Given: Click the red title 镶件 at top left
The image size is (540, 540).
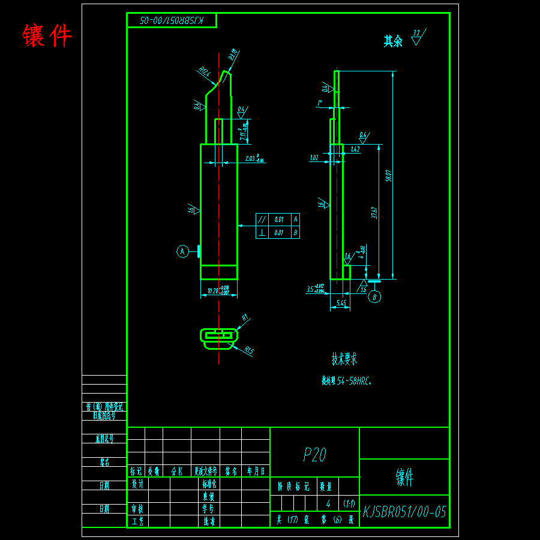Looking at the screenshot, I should pyautogui.click(x=47, y=35).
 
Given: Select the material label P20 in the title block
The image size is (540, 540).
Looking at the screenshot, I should pyautogui.click(x=314, y=455).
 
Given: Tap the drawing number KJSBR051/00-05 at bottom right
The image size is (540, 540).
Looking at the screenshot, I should pyautogui.click(x=404, y=512).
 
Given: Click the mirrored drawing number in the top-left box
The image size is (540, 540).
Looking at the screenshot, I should pyautogui.click(x=172, y=20).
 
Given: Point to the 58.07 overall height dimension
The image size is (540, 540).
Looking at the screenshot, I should pyautogui.click(x=389, y=175).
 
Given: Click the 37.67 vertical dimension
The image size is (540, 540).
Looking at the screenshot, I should pyautogui.click(x=374, y=213).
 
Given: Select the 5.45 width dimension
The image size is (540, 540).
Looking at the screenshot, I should pyautogui.click(x=340, y=304).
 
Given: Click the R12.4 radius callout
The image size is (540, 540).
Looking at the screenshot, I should pyautogui.click(x=203, y=73).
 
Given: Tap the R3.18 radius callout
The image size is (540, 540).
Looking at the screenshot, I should pyautogui.click(x=234, y=55).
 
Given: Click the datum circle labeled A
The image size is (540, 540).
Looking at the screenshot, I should pyautogui.click(x=183, y=251).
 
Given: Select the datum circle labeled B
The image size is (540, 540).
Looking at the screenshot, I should pyautogui.click(x=374, y=296).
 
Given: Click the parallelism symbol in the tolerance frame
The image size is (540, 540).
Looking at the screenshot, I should pyautogui.click(x=262, y=219).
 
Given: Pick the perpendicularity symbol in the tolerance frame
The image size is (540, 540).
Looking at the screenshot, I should pyautogui.click(x=262, y=232).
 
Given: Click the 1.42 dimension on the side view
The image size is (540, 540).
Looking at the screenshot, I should pyautogui.click(x=355, y=149).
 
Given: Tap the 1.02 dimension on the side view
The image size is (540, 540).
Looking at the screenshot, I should pyautogui.click(x=314, y=158).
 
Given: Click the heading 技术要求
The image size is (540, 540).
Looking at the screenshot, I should pyautogui.click(x=344, y=359).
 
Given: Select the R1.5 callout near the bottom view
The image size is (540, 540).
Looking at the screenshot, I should pyautogui.click(x=249, y=350).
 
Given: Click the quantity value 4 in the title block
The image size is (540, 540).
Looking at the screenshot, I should pyautogui.click(x=328, y=502).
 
